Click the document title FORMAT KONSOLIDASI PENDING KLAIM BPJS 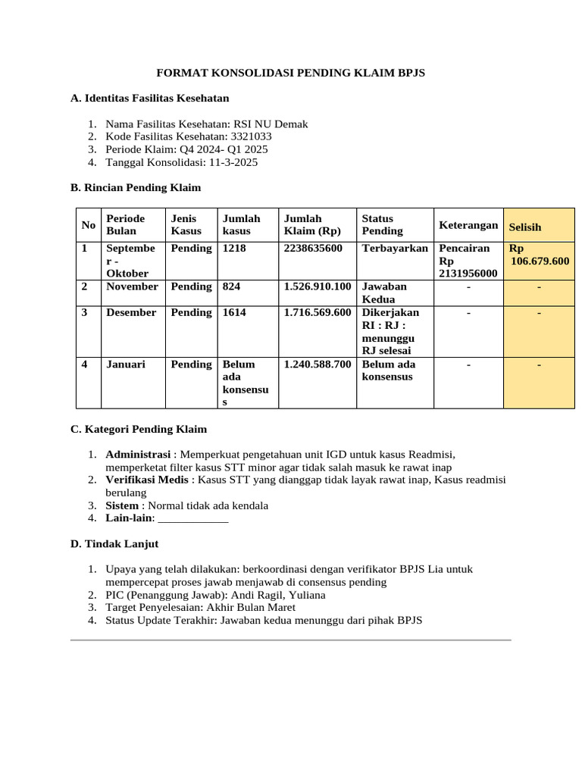coord(290,73)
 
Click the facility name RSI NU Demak coord(271,124)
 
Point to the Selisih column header coord(525,227)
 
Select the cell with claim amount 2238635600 coord(313,249)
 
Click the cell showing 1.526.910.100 coord(317,286)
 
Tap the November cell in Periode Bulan coord(132,286)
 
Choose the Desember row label coord(131,312)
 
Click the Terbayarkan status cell coord(395,249)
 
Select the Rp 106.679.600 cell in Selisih coord(539,255)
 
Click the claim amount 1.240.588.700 coord(317,364)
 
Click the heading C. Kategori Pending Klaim coord(138,429)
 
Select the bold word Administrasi coord(138,454)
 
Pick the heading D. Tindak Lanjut coord(114,544)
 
